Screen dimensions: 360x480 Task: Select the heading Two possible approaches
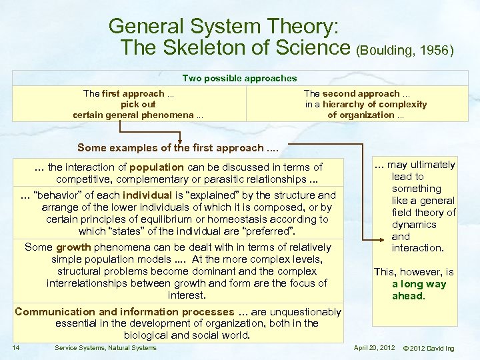point(239,78)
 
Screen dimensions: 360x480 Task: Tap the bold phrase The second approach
point(352,93)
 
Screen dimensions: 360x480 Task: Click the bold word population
point(157,167)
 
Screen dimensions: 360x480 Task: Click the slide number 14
point(15,347)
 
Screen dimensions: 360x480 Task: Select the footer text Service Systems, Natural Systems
point(105,347)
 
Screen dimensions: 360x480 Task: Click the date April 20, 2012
point(374,347)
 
